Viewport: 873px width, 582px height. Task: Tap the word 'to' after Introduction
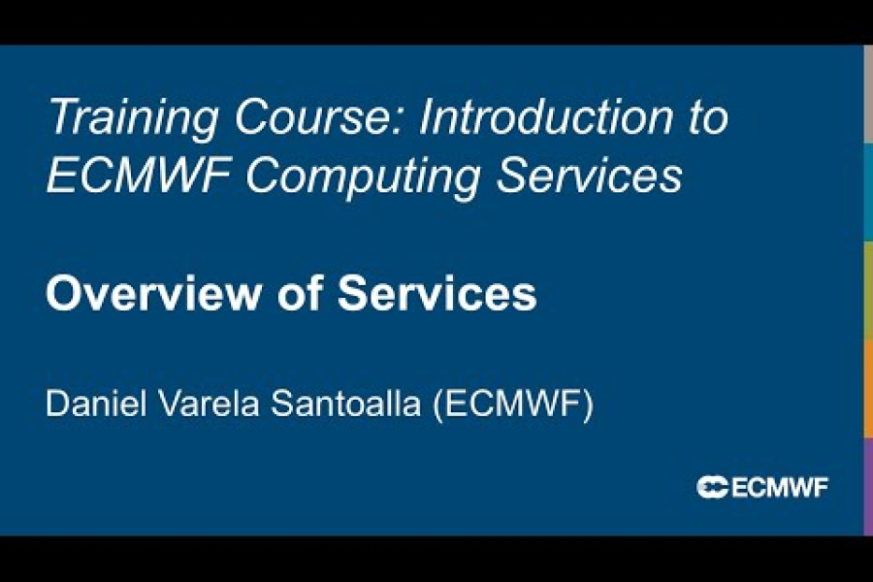707,118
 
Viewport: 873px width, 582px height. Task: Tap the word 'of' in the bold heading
303,294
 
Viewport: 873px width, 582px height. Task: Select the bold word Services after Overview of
437,294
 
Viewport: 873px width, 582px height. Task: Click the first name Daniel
97,404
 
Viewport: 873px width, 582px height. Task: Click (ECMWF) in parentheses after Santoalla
512,404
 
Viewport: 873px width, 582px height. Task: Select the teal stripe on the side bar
868,192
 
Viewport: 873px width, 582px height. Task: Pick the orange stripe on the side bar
868,388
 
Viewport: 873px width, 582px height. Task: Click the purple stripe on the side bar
868,486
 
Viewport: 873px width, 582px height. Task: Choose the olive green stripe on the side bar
868,290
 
